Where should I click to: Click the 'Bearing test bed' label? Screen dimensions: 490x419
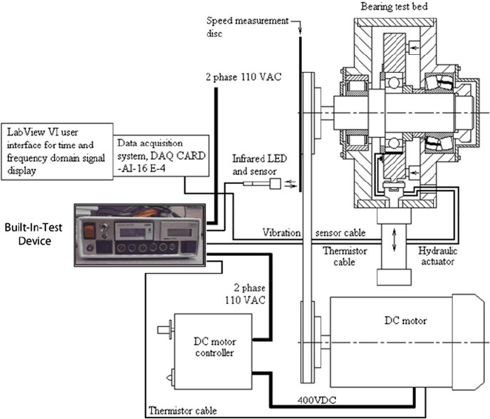click(394, 7)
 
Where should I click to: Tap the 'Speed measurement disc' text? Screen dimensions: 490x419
click(247, 27)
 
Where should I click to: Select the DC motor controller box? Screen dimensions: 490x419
click(213, 352)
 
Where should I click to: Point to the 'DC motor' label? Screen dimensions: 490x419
click(406, 320)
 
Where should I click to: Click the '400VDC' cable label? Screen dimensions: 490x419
click(317, 400)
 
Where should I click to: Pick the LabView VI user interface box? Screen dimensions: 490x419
click(57, 151)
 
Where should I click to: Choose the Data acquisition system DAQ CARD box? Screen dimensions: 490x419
click(161, 156)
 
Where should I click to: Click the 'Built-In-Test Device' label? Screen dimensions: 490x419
click(34, 234)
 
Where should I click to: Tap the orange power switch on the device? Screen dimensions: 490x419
click(89, 231)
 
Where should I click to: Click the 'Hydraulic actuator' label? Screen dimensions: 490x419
click(437, 256)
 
